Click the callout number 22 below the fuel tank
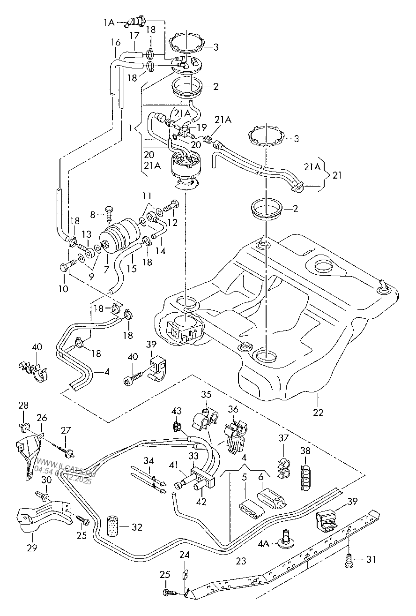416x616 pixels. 318,412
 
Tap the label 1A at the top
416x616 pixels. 109,22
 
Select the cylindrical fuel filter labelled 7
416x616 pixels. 121,234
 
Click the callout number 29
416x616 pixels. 31,548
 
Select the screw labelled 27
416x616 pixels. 68,452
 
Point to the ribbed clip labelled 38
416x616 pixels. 305,477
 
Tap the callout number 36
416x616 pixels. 233,409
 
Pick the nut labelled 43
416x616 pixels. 177,426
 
